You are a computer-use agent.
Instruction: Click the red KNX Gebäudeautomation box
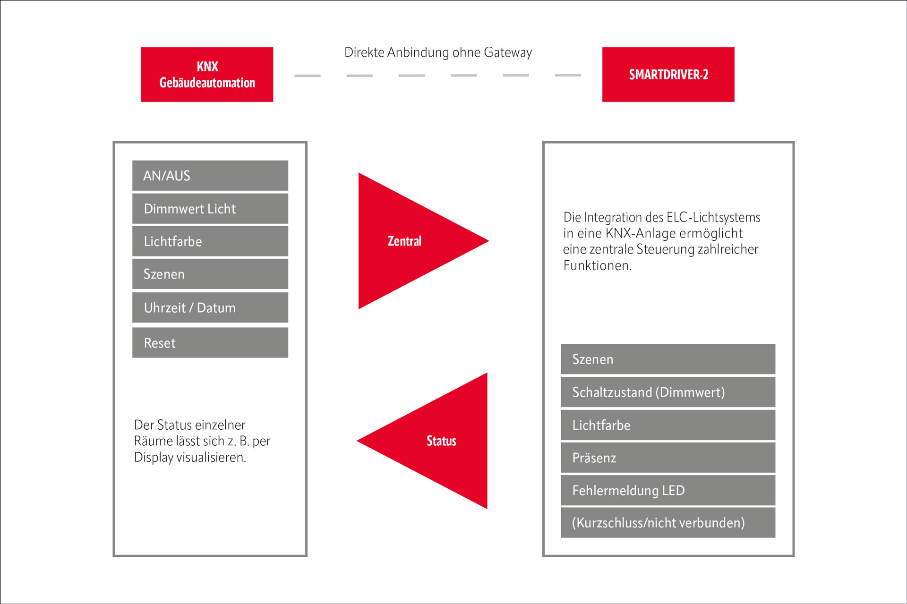pyautogui.click(x=207, y=74)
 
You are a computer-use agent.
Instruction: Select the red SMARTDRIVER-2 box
pyautogui.click(x=668, y=74)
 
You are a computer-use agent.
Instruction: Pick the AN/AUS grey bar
pyautogui.click(x=210, y=176)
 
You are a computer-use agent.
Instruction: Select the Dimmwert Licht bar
pyautogui.click(x=210, y=208)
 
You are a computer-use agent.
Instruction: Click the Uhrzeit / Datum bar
pyautogui.click(x=210, y=307)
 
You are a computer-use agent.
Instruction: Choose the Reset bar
pyautogui.click(x=210, y=342)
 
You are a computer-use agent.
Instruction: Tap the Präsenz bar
pyautogui.click(x=668, y=458)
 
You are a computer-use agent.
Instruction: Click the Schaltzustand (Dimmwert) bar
pyautogui.click(x=668, y=392)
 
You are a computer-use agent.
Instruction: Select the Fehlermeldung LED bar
pyautogui.click(x=668, y=490)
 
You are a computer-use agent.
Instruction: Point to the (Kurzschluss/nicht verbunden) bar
pyautogui.click(x=668, y=522)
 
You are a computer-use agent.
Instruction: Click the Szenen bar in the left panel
pyautogui.click(x=210, y=274)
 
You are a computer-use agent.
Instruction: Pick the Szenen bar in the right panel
pyautogui.click(x=668, y=359)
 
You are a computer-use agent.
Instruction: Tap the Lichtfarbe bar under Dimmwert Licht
pyautogui.click(x=210, y=241)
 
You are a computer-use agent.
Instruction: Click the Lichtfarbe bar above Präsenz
pyautogui.click(x=668, y=425)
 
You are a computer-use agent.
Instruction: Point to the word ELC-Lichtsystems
pyautogui.click(x=713, y=217)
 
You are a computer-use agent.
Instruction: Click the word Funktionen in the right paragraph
pyautogui.click(x=597, y=265)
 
